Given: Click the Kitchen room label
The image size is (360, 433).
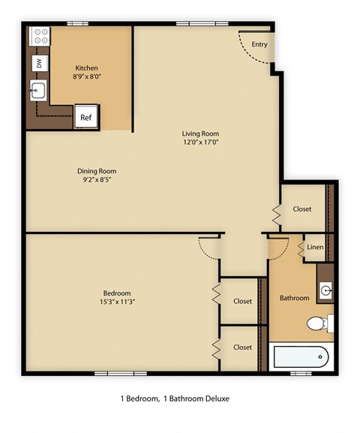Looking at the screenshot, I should click(x=87, y=68).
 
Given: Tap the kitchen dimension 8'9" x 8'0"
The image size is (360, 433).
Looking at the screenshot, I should click(x=87, y=77).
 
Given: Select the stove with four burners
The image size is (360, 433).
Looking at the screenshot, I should click(x=39, y=36).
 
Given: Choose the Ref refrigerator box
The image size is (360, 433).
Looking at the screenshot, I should click(x=86, y=117).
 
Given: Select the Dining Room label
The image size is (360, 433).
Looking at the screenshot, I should click(x=97, y=171).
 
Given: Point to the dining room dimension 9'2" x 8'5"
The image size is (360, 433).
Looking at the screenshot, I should click(x=97, y=180).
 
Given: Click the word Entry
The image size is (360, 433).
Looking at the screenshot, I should click(x=259, y=44).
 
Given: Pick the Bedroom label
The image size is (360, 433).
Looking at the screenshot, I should click(x=117, y=293).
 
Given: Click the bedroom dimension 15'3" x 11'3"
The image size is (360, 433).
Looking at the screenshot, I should click(x=117, y=302).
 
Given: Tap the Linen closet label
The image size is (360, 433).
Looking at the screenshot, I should click(x=316, y=247).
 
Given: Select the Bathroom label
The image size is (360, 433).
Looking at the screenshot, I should click(x=294, y=298).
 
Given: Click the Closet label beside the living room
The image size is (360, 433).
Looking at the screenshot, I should click(x=302, y=209).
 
